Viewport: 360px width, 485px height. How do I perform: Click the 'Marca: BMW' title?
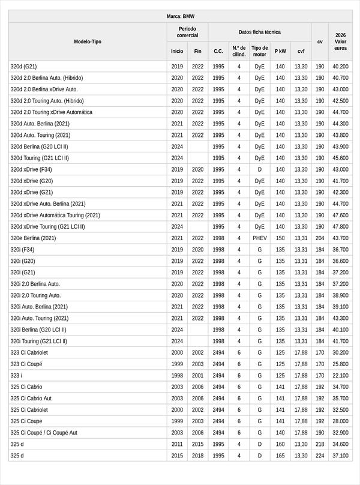tap(180, 16)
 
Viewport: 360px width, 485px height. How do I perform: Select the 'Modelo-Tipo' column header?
tap(88, 42)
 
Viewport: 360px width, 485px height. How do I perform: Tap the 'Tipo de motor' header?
tap(259, 51)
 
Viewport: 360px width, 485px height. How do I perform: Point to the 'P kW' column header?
tap(280, 51)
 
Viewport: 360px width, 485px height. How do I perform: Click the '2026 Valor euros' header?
tap(340, 42)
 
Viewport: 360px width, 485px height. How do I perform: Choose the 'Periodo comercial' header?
tap(187, 32)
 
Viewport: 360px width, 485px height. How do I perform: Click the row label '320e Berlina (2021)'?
tap(33, 238)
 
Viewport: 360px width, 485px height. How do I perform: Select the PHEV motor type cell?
tap(259, 238)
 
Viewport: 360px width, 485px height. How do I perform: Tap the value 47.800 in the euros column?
tap(340, 227)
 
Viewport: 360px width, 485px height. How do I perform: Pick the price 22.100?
tap(340, 375)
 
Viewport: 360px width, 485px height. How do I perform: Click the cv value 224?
tap(320, 456)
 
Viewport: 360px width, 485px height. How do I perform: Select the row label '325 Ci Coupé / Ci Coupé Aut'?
tap(44, 432)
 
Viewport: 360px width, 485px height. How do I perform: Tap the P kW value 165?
tap(280, 456)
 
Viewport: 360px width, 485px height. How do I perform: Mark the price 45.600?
tap(340, 158)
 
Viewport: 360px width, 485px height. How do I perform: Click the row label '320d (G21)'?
tap(23, 67)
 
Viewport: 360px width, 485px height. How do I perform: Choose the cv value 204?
tap(320, 238)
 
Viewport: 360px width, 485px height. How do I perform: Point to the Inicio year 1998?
tap(177, 375)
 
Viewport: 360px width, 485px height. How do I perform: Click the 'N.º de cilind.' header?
tap(239, 51)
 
